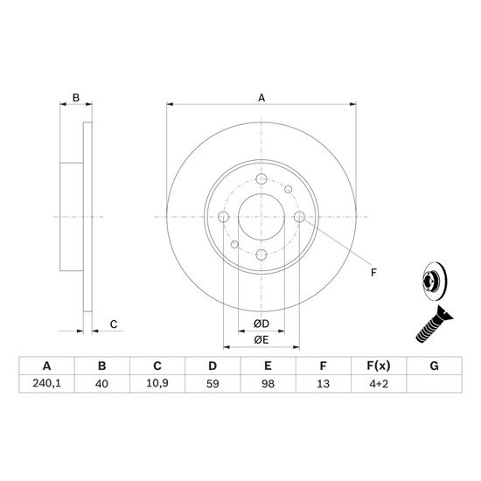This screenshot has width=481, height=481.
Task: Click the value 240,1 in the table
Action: click(x=46, y=383)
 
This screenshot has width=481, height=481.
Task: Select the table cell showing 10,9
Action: click(x=157, y=383)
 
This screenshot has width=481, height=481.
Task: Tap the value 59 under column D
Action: click(x=213, y=383)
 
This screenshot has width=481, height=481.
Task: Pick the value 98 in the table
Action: click(x=268, y=383)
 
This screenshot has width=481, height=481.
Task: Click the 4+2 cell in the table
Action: click(x=379, y=383)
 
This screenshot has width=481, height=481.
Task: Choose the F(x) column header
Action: click(x=379, y=366)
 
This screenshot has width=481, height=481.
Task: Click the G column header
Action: click(x=434, y=366)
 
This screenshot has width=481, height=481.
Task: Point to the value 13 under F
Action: click(x=323, y=383)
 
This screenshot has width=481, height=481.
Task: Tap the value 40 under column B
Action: click(x=101, y=383)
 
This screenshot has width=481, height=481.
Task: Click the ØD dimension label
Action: click(x=261, y=324)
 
